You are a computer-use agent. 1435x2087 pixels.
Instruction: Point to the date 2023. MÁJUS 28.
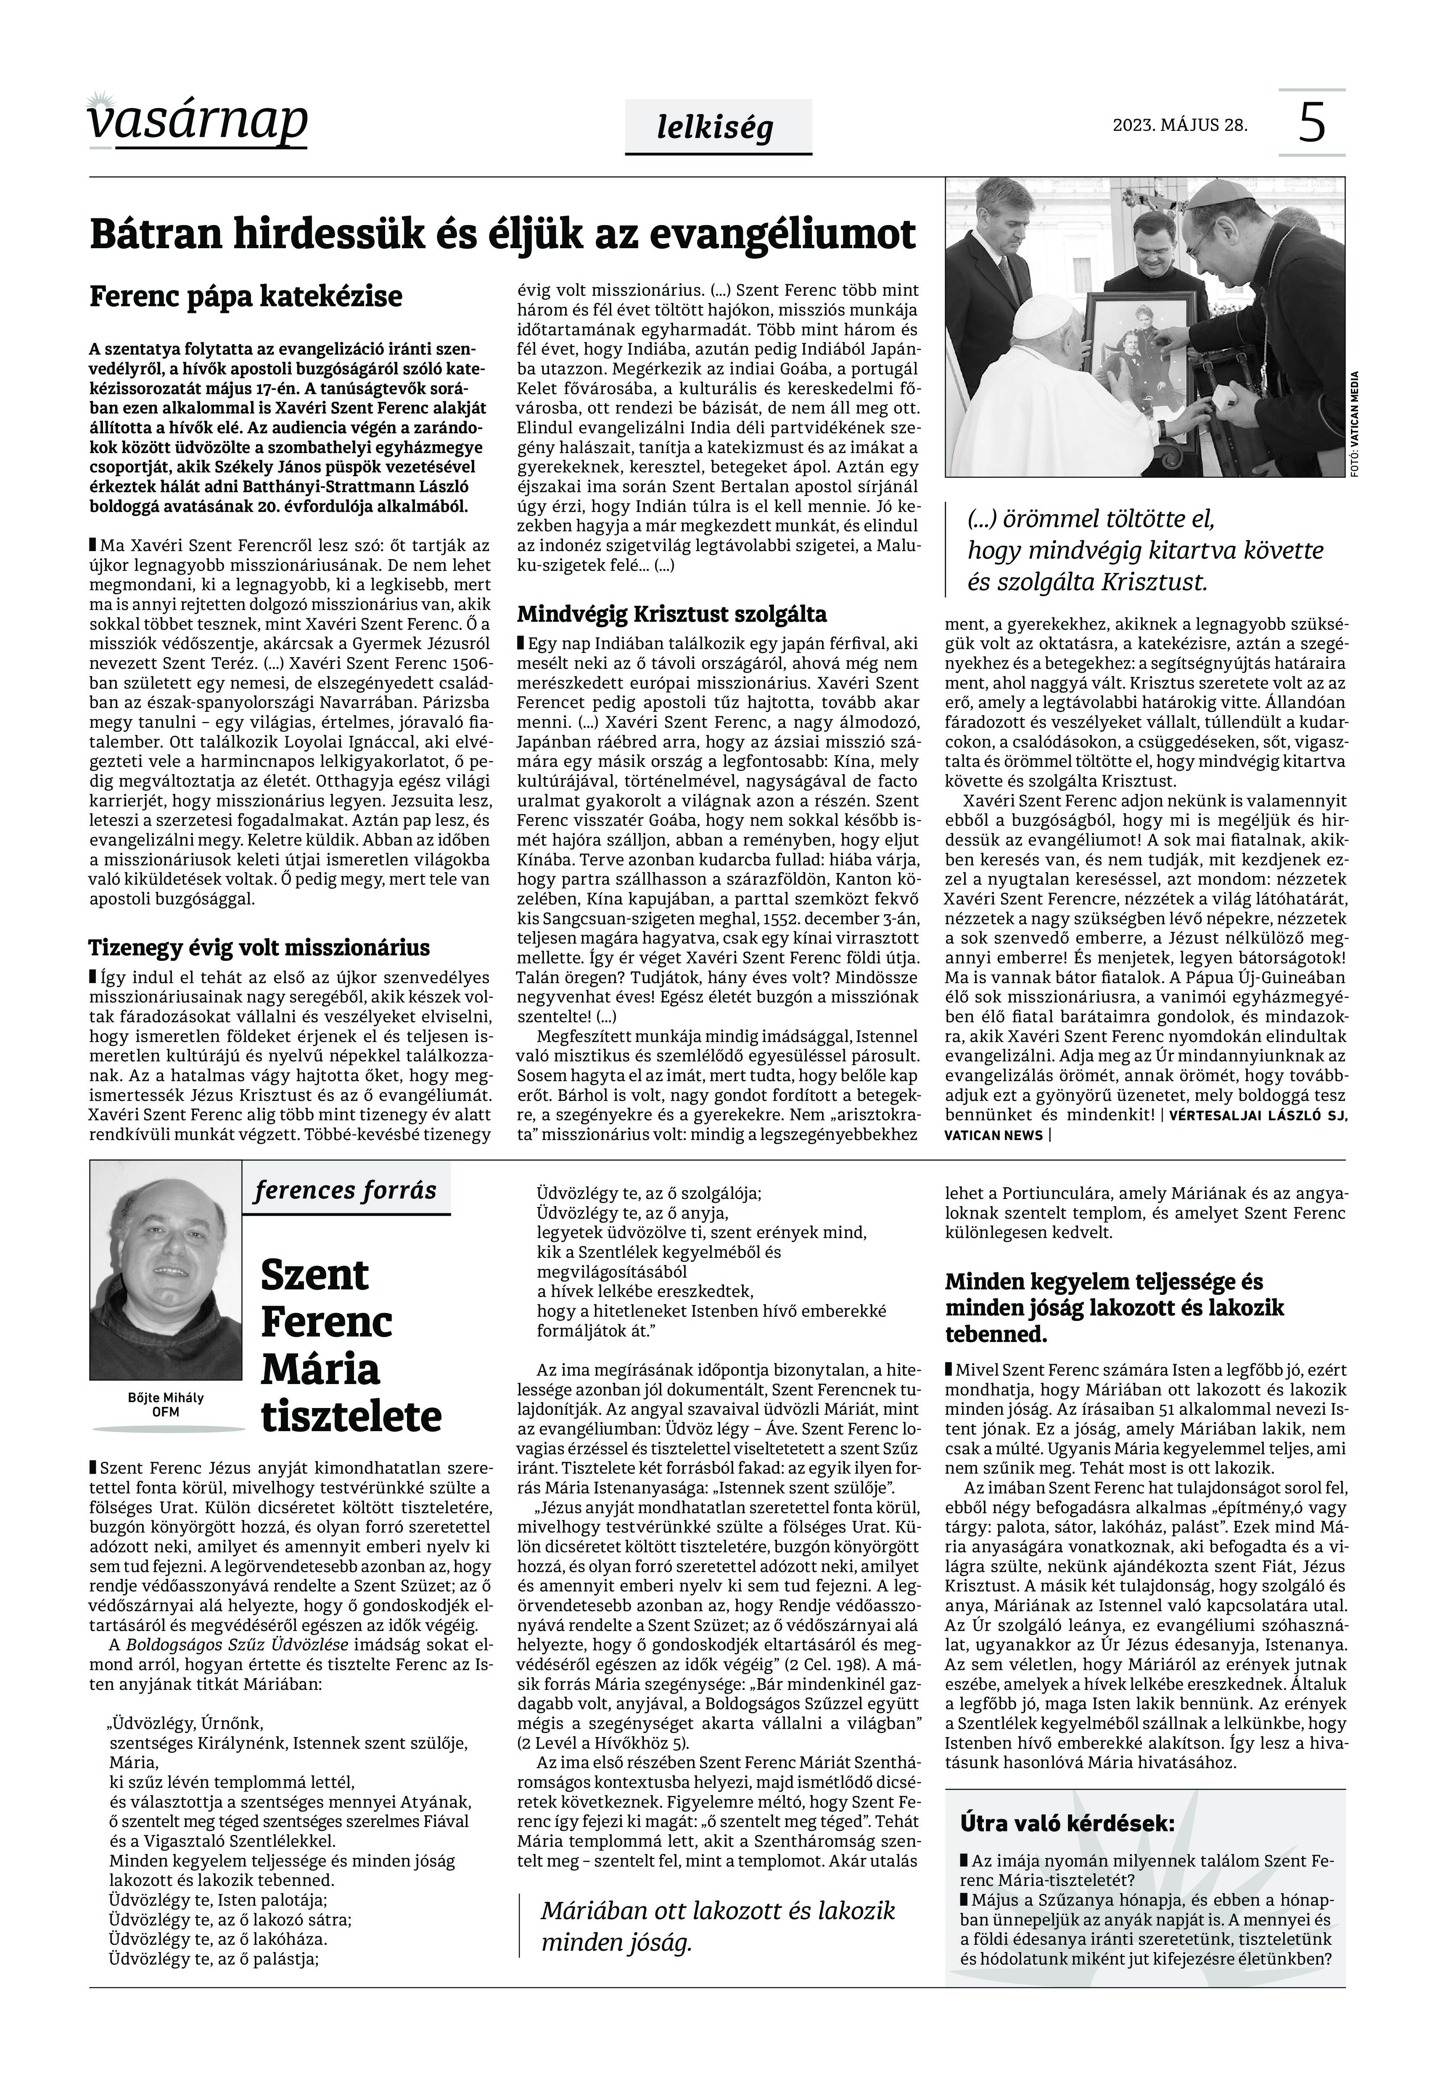click(x=1180, y=125)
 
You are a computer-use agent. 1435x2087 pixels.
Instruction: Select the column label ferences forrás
click(x=345, y=1190)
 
